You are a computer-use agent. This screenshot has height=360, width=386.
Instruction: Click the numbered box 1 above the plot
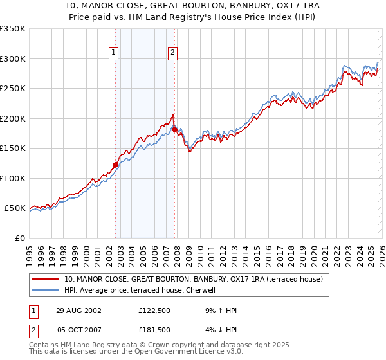[x=114, y=53]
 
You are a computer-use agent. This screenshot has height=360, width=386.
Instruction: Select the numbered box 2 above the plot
[x=173, y=53]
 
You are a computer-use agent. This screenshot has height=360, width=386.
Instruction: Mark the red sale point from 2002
[x=116, y=165]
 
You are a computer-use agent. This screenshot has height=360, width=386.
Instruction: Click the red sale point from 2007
[x=174, y=129]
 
